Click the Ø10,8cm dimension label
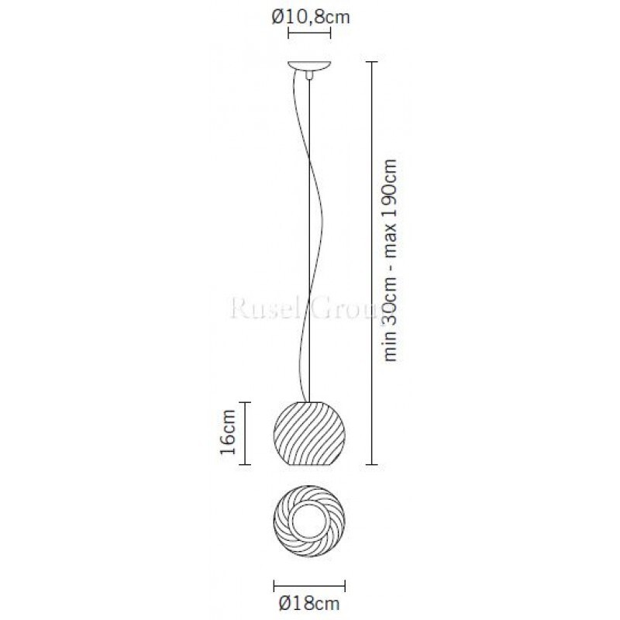point(310,15)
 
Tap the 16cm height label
point(226,433)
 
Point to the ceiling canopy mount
point(309,65)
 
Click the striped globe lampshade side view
point(309,432)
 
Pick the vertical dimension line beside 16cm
point(247,433)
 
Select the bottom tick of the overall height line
point(371,464)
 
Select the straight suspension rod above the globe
point(310,232)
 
